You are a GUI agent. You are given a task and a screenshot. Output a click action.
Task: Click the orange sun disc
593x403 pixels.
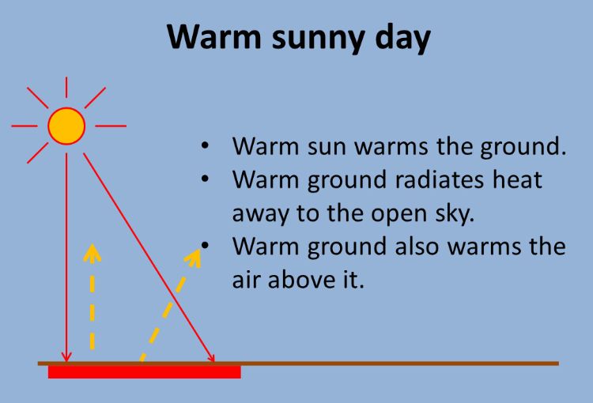66,126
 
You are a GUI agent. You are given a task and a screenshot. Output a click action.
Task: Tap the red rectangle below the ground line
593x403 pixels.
144,371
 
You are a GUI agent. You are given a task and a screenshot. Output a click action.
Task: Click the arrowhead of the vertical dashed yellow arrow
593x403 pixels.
93,253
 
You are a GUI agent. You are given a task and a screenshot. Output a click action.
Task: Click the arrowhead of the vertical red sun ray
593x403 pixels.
68,357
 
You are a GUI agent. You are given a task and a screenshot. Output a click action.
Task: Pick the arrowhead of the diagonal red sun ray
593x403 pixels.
212,358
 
